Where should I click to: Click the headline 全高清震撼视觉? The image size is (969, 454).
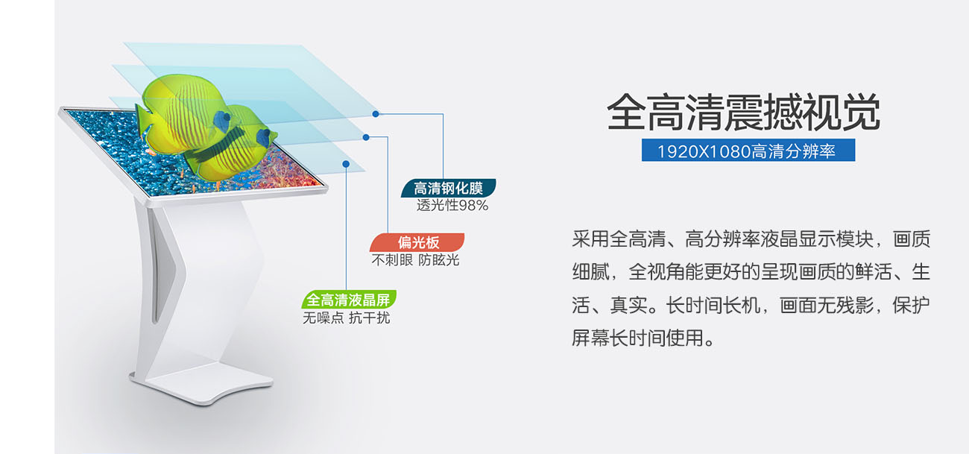(x=744, y=112)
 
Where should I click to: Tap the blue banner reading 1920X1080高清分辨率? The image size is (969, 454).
(x=748, y=150)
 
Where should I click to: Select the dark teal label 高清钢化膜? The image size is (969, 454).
(x=448, y=189)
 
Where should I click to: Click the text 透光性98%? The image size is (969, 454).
(x=452, y=205)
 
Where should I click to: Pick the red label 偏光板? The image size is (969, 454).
(x=417, y=242)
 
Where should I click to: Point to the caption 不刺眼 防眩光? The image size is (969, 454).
(x=415, y=260)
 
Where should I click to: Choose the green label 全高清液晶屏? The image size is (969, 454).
(x=349, y=300)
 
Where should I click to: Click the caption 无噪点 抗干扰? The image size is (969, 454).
(x=346, y=318)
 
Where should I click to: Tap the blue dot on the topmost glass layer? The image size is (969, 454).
(x=376, y=114)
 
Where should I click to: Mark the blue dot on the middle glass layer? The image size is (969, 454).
(x=366, y=137)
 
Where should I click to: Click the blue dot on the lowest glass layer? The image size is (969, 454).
(x=346, y=164)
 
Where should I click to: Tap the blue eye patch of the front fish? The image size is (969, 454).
(x=263, y=137)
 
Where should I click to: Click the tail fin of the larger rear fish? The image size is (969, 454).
(x=144, y=122)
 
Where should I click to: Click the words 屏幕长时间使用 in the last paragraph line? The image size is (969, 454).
(x=637, y=338)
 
